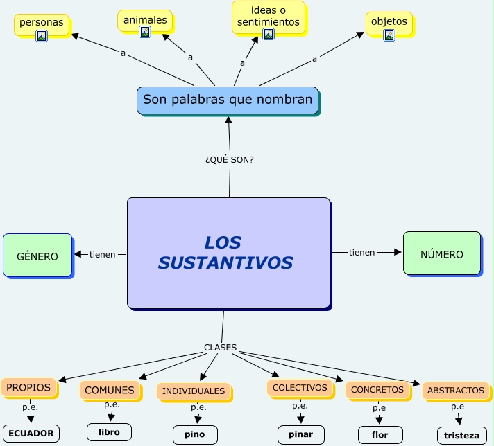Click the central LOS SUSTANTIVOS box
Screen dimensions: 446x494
pyautogui.click(x=228, y=253)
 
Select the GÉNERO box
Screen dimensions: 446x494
pyautogui.click(x=37, y=256)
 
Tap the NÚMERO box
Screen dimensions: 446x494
pyautogui.click(x=442, y=253)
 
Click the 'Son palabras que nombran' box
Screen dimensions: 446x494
pyautogui.click(x=228, y=100)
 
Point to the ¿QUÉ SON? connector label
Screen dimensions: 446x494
pyautogui.click(x=230, y=159)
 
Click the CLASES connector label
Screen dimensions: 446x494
pyautogui.click(x=220, y=347)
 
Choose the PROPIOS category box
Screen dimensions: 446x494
pyautogui.click(x=28, y=387)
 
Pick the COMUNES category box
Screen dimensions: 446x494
pyautogui.click(x=110, y=391)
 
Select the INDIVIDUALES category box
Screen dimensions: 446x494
pyautogui.click(x=194, y=391)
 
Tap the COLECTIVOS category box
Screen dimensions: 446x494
pyautogui.click(x=300, y=388)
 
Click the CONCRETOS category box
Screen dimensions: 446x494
pyautogui.click(x=377, y=390)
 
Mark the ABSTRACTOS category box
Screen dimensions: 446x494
pyautogui.click(x=456, y=391)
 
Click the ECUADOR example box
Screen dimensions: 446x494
pyautogui.click(x=31, y=434)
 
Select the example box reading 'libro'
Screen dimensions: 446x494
pyautogui.click(x=109, y=432)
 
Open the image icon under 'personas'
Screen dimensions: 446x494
pyautogui.click(x=42, y=36)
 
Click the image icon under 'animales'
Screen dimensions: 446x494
pyautogui.click(x=145, y=33)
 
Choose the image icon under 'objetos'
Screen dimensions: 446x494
pyautogui.click(x=389, y=35)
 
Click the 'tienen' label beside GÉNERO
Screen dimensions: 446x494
pyautogui.click(x=103, y=254)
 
